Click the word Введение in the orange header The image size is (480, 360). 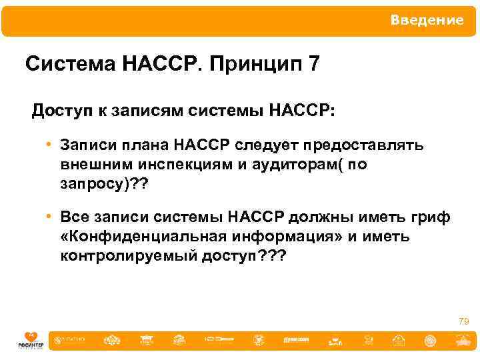pos(427,21)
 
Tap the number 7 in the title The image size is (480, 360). pos(314,65)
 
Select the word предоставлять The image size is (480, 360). pos(363,145)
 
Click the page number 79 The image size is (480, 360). pos(463,321)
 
